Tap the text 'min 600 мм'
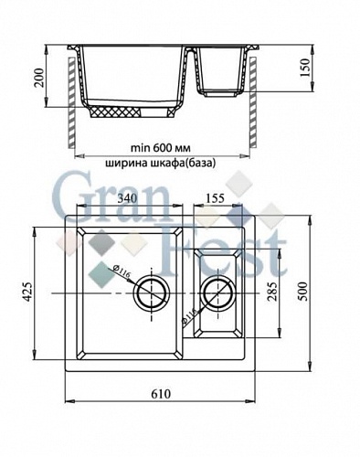pos(160,144)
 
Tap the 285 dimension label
pos(271,293)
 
